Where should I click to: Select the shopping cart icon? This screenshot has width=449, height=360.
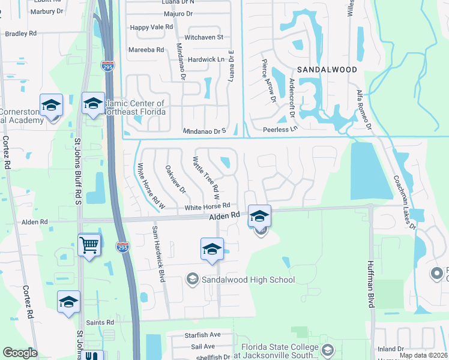[x=89, y=244]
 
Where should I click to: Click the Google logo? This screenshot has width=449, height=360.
[x=20, y=353]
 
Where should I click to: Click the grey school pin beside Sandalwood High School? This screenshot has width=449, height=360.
[x=193, y=278]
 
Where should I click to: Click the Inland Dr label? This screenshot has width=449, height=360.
[x=391, y=349]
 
